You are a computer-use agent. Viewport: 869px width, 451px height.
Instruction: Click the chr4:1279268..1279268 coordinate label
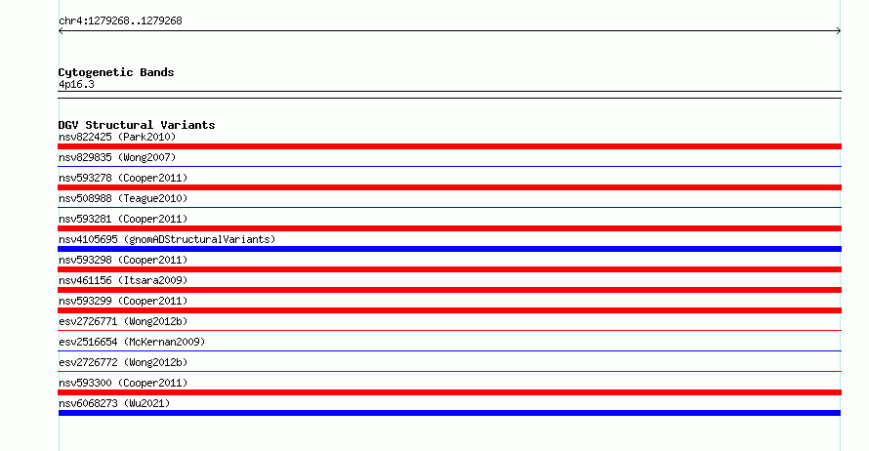point(120,21)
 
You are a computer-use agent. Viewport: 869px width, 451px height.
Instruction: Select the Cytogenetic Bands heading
point(116,72)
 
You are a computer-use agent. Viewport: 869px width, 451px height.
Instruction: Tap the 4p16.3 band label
point(76,84)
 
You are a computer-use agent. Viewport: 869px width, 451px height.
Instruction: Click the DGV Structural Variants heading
point(137,125)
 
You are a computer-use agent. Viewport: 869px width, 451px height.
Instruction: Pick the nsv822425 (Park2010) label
point(117,137)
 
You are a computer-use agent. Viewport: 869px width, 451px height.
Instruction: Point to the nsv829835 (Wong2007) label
point(117,157)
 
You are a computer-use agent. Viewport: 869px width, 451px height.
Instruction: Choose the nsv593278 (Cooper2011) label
point(123,178)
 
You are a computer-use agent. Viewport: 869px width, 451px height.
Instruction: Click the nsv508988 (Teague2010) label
point(123,198)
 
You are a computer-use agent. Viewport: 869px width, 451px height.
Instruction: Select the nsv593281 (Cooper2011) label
point(123,219)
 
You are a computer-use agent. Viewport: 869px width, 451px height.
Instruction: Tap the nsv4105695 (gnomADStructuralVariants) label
point(167,239)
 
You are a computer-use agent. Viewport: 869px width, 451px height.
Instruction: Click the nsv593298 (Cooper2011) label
point(123,260)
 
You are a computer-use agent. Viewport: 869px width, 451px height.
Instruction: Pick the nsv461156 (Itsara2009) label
point(123,280)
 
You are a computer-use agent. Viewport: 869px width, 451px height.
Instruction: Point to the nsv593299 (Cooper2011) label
point(123,301)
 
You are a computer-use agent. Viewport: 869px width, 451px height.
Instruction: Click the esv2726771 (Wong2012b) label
point(123,321)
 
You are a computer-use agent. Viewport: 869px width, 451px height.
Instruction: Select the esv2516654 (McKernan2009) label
point(132,342)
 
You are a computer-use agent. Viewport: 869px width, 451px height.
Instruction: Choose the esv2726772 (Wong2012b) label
point(123,362)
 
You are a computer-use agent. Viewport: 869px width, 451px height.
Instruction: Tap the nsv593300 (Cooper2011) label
point(123,383)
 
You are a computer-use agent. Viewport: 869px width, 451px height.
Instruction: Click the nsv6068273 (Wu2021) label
point(114,403)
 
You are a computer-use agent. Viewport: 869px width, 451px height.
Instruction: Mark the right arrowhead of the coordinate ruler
point(839,31)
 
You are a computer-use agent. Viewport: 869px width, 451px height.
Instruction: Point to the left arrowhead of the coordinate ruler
point(61,31)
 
